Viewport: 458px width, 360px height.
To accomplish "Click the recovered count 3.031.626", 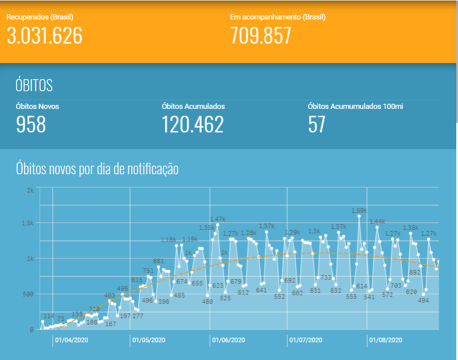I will (x=45, y=36).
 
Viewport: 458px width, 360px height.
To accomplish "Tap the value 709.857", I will (x=261, y=36).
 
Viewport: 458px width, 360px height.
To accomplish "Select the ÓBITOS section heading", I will (x=34, y=85).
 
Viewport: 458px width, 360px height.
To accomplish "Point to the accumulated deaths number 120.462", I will (x=193, y=124).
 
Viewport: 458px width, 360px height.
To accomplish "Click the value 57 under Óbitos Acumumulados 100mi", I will (x=316, y=124).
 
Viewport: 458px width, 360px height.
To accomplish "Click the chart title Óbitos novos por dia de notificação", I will (x=97, y=169).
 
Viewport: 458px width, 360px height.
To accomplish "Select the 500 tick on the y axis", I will (x=29, y=294).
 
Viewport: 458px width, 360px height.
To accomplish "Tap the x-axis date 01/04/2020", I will (x=72, y=340).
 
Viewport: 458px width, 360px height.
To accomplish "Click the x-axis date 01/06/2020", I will (x=228, y=340).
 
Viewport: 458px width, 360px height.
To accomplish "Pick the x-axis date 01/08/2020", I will (x=386, y=340).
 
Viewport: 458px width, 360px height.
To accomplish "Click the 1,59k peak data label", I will (x=359, y=210).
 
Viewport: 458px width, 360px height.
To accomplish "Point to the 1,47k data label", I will (x=218, y=219).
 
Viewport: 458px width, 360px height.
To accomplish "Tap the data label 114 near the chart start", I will (x=49, y=316).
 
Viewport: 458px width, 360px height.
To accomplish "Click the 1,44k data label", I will (x=377, y=221).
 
